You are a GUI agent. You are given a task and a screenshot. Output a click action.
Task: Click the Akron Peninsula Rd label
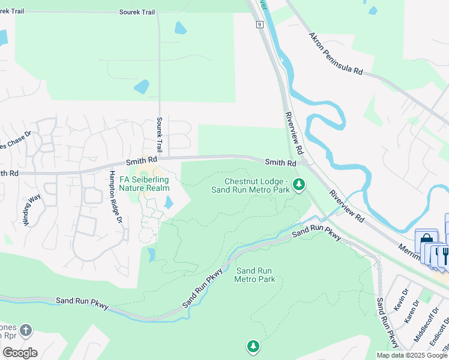point(336,54)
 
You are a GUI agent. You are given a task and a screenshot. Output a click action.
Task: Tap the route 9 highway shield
point(259,25)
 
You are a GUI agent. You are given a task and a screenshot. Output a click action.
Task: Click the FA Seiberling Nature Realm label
point(145,184)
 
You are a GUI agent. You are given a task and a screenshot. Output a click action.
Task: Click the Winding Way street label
point(32,209)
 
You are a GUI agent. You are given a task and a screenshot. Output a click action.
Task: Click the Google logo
point(20,353)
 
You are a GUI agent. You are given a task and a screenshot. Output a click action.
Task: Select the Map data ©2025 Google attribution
point(412,355)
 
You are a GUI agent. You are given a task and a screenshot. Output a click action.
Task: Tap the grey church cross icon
point(25,330)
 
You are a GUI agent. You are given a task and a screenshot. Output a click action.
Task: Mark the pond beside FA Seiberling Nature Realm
point(169,203)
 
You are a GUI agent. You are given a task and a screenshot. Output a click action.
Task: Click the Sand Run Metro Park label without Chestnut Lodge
point(255,275)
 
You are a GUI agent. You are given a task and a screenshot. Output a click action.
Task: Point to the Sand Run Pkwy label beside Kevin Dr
point(386,322)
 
